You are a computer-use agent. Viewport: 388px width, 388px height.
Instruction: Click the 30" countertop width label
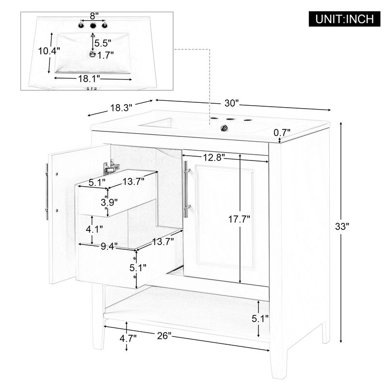232,103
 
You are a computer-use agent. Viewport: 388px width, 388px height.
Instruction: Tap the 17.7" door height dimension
240,218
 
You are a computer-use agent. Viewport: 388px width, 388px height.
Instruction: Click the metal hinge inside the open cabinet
111,167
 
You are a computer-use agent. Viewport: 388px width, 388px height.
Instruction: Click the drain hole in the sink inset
93,54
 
